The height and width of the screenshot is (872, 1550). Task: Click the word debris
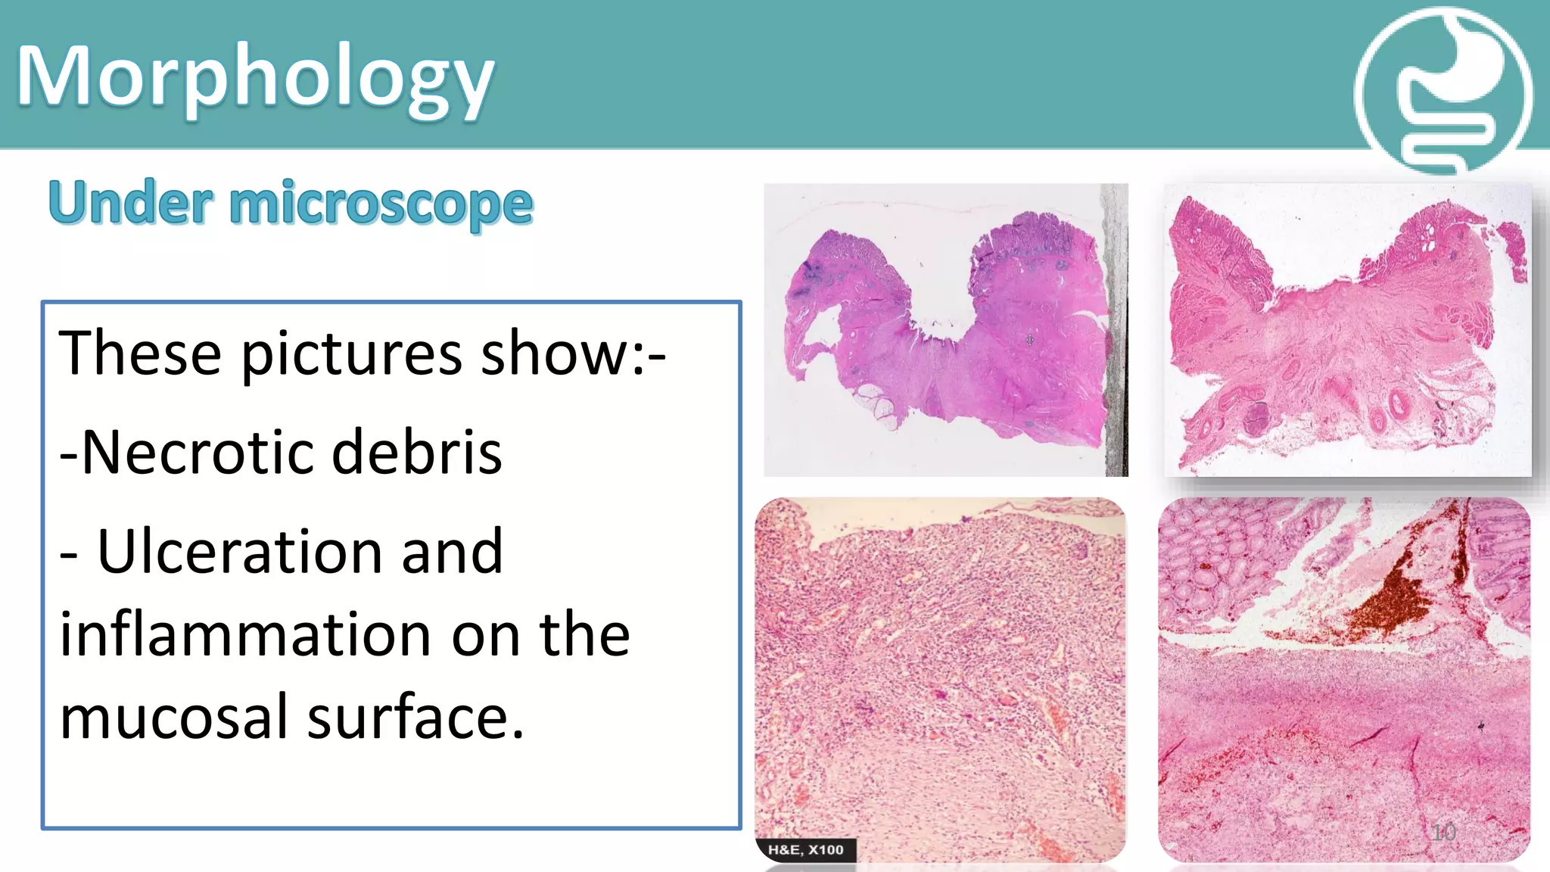pyautogui.click(x=416, y=452)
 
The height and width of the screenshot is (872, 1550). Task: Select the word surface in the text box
pyautogui.click(x=415, y=716)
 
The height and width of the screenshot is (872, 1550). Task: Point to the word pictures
pyautogui.click(x=351, y=353)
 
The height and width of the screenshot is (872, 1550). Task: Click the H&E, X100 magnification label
pyautogui.click(x=805, y=849)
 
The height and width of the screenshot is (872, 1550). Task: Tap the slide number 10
pyautogui.click(x=1443, y=833)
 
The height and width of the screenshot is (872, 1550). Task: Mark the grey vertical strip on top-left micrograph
pyautogui.click(x=1116, y=330)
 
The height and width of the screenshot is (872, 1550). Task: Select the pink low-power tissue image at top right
pyautogui.click(x=1347, y=330)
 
